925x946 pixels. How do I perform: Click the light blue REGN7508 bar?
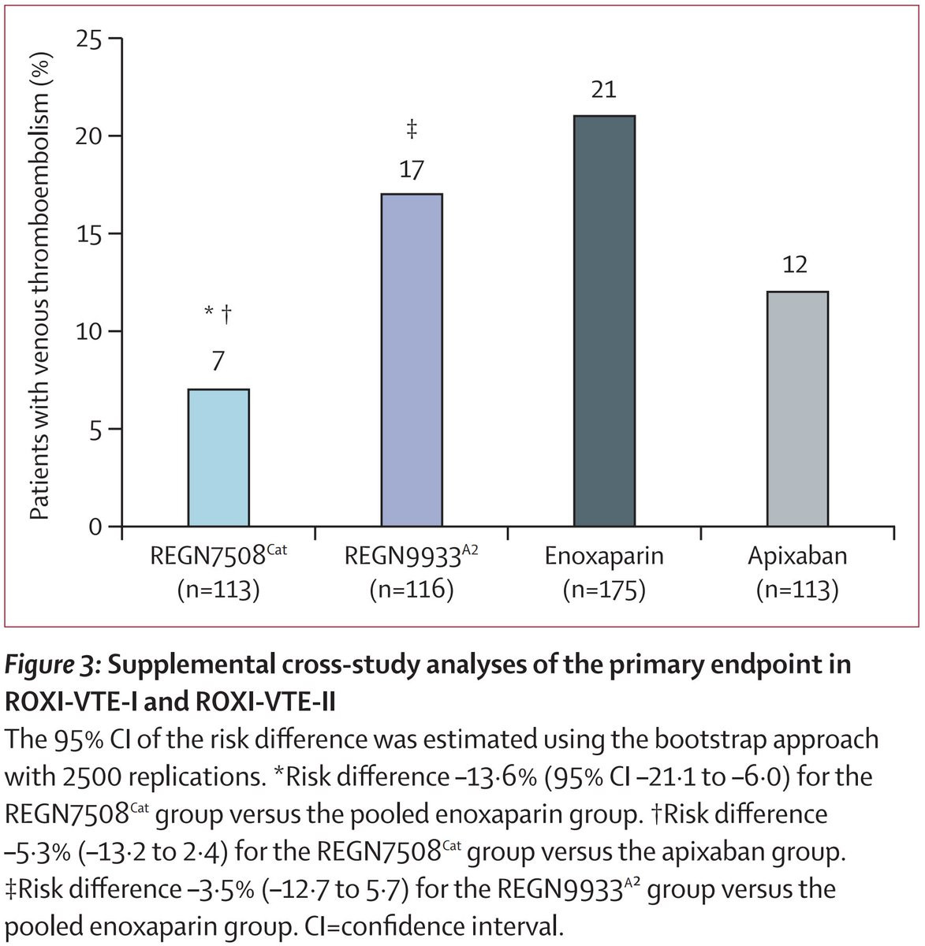(218, 458)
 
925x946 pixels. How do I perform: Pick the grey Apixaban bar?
(796, 409)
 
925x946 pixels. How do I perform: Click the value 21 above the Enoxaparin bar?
(604, 90)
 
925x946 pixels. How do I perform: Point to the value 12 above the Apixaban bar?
(796, 265)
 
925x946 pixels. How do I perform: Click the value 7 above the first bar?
(218, 362)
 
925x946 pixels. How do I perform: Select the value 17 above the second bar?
(412, 169)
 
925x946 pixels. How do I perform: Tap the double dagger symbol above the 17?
(412, 129)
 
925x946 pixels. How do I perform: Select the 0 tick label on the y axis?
(95, 527)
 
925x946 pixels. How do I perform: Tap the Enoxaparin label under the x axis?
(604, 557)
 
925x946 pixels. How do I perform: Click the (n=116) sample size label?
(412, 590)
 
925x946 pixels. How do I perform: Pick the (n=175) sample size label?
(604, 590)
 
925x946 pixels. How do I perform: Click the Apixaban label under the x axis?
(797, 557)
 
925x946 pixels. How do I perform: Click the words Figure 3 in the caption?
(51, 665)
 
